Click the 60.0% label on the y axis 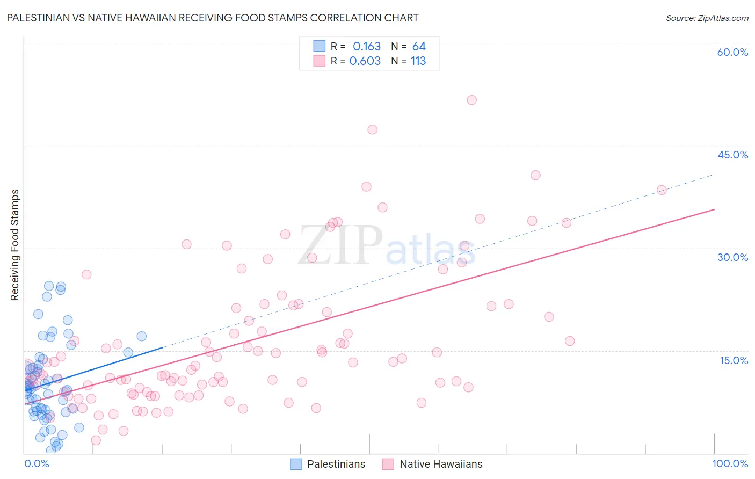pyautogui.click(x=732, y=52)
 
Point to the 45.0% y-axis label pyautogui.click(x=732, y=155)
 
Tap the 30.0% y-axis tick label pyautogui.click(x=732, y=257)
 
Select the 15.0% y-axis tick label pyautogui.click(x=734, y=360)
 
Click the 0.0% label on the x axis pyautogui.click(x=37, y=463)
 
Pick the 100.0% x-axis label pyautogui.click(x=730, y=463)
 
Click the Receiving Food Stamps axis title pyautogui.click(x=15, y=245)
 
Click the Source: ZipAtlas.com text pyautogui.click(x=707, y=18)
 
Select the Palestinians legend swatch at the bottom pyautogui.click(x=296, y=464)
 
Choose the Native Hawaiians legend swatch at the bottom pyautogui.click(x=388, y=464)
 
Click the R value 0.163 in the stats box pyautogui.click(x=366, y=47)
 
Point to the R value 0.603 pyautogui.click(x=365, y=61)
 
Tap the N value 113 pyautogui.click(x=418, y=61)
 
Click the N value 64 pyautogui.click(x=419, y=47)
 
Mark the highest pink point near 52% pyautogui.click(x=471, y=100)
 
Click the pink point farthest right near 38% pyautogui.click(x=662, y=190)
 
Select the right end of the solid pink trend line pyautogui.click(x=714, y=209)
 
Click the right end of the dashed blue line pyautogui.click(x=713, y=175)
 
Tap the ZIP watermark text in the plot pyautogui.click(x=340, y=245)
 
